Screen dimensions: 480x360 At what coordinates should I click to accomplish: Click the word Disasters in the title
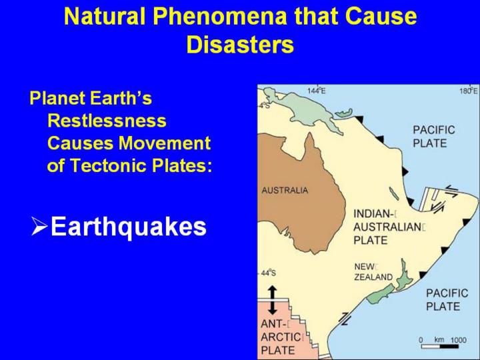coord(240,45)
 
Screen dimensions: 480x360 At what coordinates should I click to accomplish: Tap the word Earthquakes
coord(129,227)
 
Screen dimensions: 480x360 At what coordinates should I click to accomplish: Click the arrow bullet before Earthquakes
coord(39,226)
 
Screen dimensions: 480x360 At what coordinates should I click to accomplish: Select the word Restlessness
coord(107,121)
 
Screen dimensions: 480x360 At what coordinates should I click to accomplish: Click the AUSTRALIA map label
coord(285,191)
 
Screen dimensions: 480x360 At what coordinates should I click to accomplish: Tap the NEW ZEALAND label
coord(373,272)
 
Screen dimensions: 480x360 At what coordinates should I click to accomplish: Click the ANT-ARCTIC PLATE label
coord(281,337)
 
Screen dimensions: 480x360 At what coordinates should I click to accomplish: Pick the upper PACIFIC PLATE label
coord(434,137)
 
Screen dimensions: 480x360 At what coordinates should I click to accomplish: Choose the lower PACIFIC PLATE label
coord(447,300)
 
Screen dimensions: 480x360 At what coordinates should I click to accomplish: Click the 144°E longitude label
coord(317,91)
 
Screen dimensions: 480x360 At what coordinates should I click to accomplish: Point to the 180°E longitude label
coord(469,91)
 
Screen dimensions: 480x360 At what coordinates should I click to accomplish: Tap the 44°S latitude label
coord(269,273)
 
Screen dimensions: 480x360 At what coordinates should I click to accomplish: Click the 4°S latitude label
coord(263,105)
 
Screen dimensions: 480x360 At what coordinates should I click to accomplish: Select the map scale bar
coord(440,347)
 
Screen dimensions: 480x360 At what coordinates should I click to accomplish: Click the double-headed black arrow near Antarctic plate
coord(272,300)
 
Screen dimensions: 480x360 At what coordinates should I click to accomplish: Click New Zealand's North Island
coord(404,275)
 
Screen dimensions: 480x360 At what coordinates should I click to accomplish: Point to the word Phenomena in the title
coord(220,16)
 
